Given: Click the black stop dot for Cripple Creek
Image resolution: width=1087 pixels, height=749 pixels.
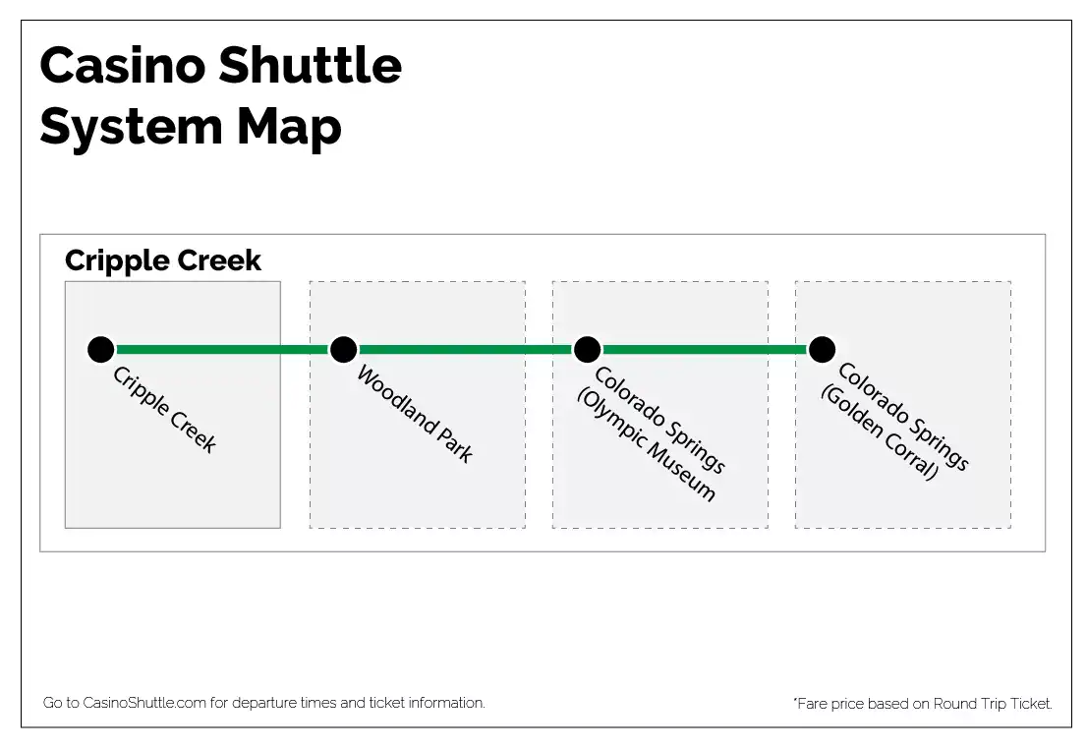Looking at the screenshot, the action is click(100, 350).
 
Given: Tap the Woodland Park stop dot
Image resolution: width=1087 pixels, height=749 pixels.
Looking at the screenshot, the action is click(343, 350).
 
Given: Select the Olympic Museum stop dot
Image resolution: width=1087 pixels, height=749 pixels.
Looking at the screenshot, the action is click(587, 350).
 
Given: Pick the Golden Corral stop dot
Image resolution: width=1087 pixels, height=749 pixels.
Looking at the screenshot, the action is click(822, 350).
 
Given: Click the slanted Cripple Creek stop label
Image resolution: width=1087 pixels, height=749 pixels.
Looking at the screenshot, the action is click(164, 410).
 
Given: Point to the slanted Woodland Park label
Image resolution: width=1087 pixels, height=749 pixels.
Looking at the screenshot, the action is click(415, 414).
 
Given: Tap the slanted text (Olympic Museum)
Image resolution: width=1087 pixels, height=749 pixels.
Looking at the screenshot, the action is click(646, 445).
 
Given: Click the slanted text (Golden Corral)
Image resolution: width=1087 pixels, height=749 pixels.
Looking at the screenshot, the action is click(880, 432).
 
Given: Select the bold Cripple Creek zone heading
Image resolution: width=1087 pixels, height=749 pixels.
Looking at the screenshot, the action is click(163, 260).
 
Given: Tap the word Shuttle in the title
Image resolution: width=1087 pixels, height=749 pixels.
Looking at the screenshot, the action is click(311, 66).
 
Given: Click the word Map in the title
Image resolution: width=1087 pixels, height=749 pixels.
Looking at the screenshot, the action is click(289, 129).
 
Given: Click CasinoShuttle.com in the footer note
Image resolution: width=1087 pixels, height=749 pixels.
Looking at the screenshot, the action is click(144, 703).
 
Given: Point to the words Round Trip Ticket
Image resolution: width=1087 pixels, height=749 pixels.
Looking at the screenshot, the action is click(992, 703).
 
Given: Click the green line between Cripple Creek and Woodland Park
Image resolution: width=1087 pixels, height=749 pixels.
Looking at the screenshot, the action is click(222, 350).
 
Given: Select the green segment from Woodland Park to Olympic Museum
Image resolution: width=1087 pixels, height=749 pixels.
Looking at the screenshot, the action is click(465, 350).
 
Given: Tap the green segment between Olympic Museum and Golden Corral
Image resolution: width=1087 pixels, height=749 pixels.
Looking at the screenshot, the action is click(705, 350).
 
